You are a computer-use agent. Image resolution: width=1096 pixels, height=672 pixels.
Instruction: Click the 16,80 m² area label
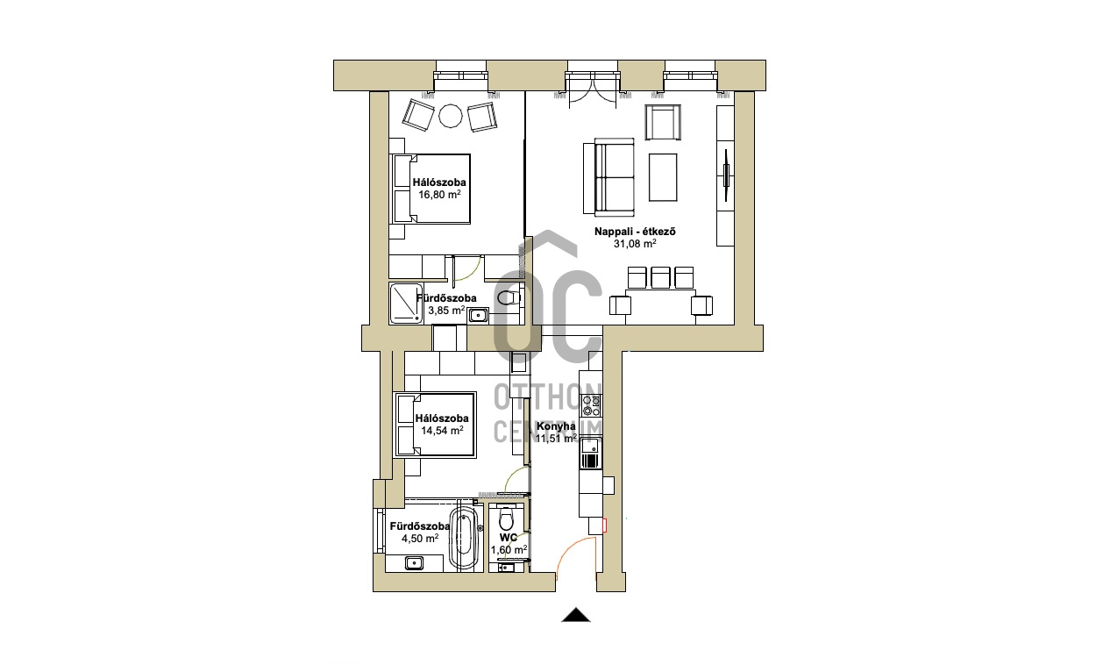coord(439,194)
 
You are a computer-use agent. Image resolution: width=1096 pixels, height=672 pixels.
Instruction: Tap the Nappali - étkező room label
coord(635,232)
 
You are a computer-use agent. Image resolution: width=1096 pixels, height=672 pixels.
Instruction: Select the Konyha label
coord(556,425)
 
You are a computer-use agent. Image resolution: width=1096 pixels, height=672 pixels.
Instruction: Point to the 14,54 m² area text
coord(442,431)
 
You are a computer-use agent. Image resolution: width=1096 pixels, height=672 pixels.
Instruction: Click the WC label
coord(509,538)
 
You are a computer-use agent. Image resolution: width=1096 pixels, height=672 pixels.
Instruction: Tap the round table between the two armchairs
coord(450,117)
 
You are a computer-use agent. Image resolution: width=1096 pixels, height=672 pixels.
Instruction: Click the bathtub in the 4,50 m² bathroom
coord(464,538)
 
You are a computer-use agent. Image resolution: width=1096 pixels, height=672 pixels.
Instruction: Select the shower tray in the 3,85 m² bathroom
coord(406,303)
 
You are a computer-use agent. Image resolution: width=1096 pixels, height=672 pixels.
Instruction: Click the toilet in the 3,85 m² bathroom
coord(509,297)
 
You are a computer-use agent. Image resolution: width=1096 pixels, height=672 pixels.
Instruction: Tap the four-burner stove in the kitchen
coord(591,406)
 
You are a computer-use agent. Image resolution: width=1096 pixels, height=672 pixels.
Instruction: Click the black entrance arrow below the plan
coord(576,615)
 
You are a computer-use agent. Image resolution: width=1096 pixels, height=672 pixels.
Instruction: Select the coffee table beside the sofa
coord(663,177)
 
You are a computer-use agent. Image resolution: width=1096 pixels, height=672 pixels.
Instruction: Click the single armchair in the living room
coord(663,122)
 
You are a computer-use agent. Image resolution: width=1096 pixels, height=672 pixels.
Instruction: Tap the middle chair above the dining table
coord(660,277)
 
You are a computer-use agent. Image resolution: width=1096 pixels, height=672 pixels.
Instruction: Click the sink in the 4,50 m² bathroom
coord(414,563)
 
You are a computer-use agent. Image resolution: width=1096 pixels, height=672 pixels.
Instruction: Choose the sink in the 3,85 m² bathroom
coord(478,315)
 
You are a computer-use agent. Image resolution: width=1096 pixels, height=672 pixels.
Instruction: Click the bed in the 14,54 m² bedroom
coord(435,425)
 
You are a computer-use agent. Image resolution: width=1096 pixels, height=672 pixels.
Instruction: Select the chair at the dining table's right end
coord(701,305)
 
